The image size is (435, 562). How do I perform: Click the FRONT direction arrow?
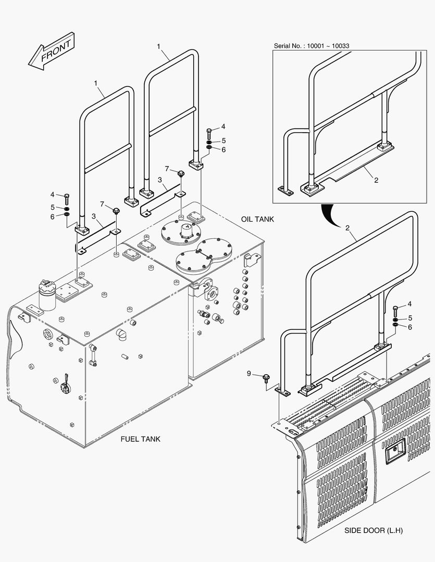tap(51, 52)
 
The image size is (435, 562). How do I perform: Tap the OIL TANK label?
tap(257, 219)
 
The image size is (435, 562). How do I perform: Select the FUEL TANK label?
tap(140, 439)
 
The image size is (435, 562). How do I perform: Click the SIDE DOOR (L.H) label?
tap(374, 531)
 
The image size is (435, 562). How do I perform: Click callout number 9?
tap(249, 373)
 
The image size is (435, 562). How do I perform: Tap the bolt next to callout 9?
tap(266, 376)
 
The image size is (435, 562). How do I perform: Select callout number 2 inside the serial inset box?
tap(376, 180)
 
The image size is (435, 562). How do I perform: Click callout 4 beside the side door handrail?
tap(409, 304)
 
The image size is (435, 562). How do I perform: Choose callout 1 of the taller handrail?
tap(158, 46)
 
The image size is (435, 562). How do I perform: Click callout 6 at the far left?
tap(52, 216)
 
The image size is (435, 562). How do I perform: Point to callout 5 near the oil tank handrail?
tap(223, 140)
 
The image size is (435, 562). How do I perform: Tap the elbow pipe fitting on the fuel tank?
tap(120, 333)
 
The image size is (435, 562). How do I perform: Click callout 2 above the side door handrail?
tap(347, 228)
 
